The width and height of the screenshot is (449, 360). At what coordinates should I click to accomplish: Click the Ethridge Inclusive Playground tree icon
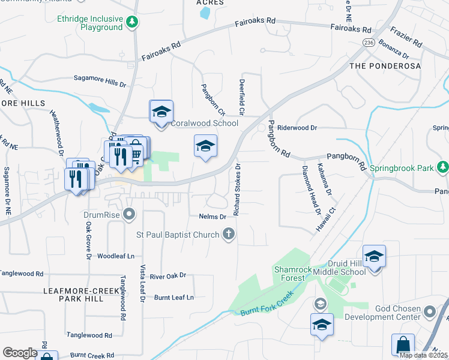tap(132, 23)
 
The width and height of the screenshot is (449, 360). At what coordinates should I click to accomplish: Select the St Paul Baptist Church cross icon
tap(228, 234)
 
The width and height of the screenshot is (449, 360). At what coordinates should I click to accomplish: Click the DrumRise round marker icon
tap(128, 214)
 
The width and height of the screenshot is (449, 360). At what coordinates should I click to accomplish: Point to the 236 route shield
tap(368, 42)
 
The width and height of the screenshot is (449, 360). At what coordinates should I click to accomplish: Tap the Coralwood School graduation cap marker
tap(161, 112)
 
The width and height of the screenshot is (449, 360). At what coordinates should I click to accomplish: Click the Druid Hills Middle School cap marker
tap(374, 257)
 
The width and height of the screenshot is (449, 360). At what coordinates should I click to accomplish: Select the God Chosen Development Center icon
tap(429, 311)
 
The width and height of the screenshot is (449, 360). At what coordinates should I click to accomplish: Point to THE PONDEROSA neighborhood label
tap(384, 65)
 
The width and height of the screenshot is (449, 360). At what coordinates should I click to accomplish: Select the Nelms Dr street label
tap(211, 216)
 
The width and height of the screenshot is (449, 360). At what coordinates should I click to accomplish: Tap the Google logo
tap(20, 353)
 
